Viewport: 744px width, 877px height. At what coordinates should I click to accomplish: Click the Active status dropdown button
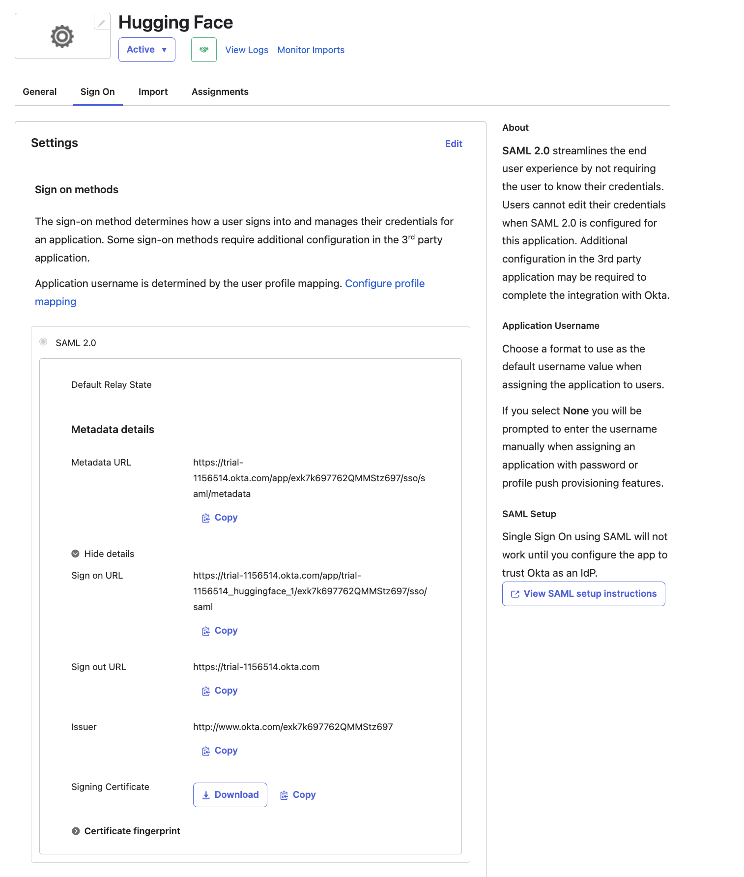click(x=146, y=50)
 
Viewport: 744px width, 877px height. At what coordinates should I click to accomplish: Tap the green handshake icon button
click(x=204, y=50)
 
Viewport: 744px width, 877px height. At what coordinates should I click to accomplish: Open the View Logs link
click(x=247, y=50)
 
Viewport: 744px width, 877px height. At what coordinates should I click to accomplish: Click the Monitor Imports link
click(x=311, y=50)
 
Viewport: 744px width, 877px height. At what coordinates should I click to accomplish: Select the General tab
click(x=40, y=92)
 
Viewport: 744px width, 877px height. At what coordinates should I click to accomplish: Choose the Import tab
click(x=153, y=92)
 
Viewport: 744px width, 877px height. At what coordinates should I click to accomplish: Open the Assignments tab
click(x=220, y=92)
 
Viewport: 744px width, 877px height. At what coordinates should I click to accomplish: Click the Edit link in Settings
click(x=453, y=144)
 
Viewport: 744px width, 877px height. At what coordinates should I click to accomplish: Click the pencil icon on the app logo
click(x=101, y=23)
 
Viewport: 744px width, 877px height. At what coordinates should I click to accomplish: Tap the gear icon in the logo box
click(x=62, y=36)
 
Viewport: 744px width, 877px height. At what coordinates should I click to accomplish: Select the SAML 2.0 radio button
click(x=44, y=342)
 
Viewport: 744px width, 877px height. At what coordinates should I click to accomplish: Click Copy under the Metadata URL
click(x=220, y=518)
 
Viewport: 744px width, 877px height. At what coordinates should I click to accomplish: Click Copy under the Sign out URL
click(x=220, y=691)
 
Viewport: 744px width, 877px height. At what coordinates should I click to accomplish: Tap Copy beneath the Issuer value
click(x=220, y=751)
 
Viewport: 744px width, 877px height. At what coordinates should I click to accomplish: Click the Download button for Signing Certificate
click(x=230, y=795)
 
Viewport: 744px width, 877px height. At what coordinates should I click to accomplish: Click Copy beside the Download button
click(x=298, y=795)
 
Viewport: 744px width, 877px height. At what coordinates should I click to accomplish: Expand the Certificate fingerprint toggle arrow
click(x=76, y=831)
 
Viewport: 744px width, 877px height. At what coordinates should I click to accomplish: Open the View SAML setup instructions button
click(x=583, y=594)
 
